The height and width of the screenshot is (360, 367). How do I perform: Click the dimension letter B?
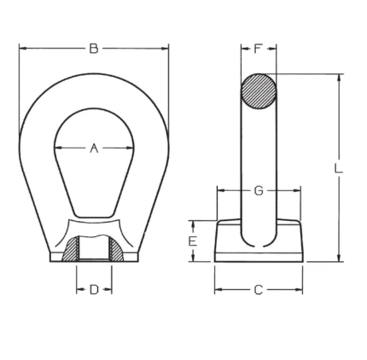pos(94,49)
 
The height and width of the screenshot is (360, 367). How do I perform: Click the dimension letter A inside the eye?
pos(94,148)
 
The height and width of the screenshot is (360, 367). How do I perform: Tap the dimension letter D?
pos(94,290)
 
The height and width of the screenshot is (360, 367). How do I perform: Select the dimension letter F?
pos(258,49)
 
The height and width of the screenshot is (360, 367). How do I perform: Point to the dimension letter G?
pos(259,190)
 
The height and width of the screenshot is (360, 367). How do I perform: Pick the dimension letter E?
pos(193,241)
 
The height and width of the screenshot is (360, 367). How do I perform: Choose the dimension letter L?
pos(338,168)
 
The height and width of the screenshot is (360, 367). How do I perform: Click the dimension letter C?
pos(258,290)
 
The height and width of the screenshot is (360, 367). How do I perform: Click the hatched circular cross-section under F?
pos(259,91)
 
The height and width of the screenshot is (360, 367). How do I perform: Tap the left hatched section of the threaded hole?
pos(71,250)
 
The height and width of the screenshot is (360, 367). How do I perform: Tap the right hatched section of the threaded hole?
pos(116,250)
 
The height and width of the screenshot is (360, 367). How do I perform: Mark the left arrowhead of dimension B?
pos(23,49)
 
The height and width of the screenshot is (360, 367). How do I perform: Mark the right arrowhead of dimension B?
pos(165,49)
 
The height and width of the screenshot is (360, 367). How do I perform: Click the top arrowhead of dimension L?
pos(339,78)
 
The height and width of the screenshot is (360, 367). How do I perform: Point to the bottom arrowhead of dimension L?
pos(339,258)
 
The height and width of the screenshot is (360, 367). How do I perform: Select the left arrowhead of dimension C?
pos(218,290)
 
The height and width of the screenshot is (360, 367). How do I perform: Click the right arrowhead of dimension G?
pos(297,190)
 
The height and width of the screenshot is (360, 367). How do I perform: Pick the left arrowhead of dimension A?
pos(58,148)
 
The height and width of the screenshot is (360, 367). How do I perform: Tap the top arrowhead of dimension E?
pos(193,224)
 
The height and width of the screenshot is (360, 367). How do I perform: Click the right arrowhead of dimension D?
pos(108,290)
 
